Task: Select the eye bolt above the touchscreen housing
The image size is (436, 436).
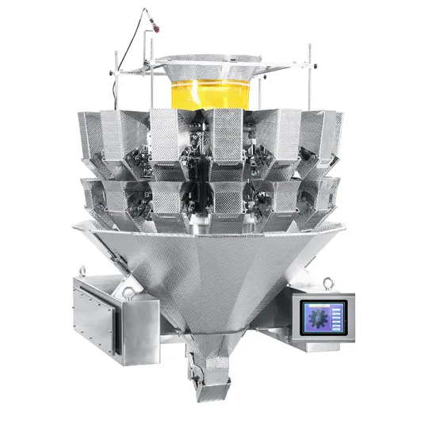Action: (x=323, y=282)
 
